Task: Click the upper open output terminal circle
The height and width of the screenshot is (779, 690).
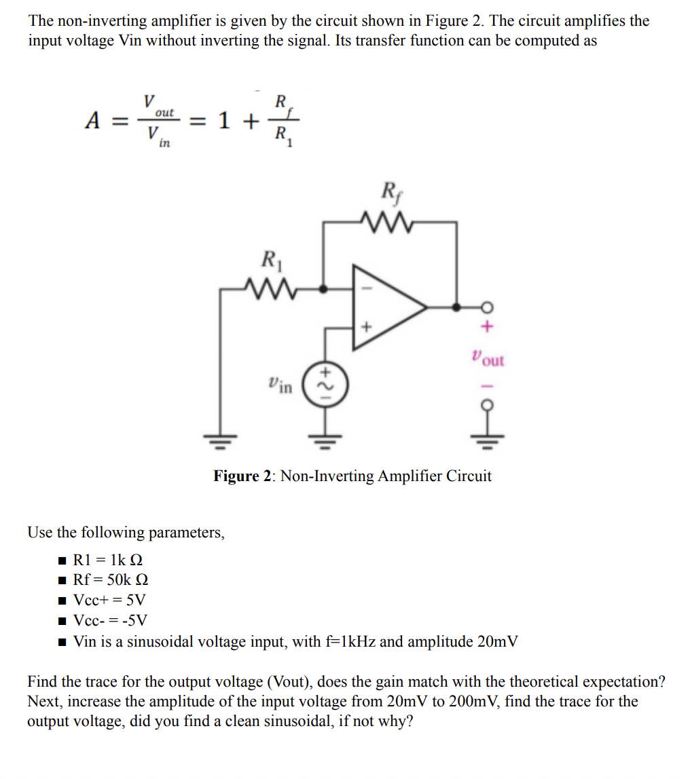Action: coord(485,307)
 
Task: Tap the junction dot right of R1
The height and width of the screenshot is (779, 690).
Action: coord(323,288)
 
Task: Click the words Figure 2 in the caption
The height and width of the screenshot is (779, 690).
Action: coord(242,476)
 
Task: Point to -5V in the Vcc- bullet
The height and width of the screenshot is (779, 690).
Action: coord(133,621)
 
